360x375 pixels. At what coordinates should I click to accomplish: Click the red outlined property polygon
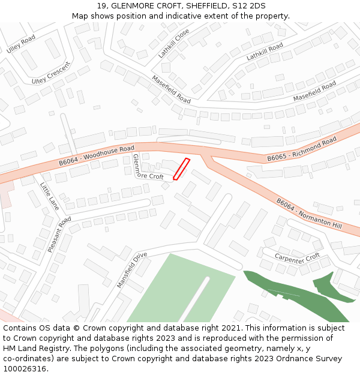pyautogui.click(x=181, y=169)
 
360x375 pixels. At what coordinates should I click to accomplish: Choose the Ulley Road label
pyautogui.click(x=21, y=44)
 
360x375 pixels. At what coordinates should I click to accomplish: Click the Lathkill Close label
pyautogui.click(x=174, y=43)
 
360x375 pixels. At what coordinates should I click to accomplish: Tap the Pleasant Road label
pyautogui.click(x=59, y=234)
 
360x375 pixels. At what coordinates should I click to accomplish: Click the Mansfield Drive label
pyautogui.click(x=132, y=269)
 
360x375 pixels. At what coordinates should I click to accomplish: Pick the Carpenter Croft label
pyautogui.click(x=298, y=257)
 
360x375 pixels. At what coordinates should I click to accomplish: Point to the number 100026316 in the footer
pyautogui.click(x=26, y=369)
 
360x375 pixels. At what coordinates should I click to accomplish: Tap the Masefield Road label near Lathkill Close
pyautogui.click(x=171, y=89)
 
